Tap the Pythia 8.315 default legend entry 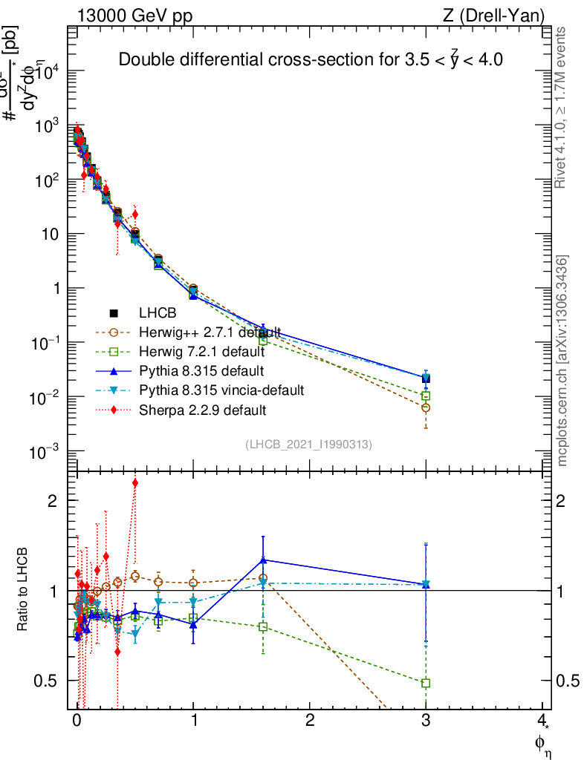pyautogui.click(x=203, y=370)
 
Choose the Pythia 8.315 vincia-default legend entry pyautogui.click(x=221, y=390)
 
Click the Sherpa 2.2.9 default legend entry pyautogui.click(x=203, y=409)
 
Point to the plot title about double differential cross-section pyautogui.click(x=311, y=61)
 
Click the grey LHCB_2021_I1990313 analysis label pyautogui.click(x=308, y=444)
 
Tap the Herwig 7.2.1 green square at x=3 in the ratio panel pyautogui.click(x=426, y=683)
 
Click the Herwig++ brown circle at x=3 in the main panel pyautogui.click(x=426, y=407)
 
